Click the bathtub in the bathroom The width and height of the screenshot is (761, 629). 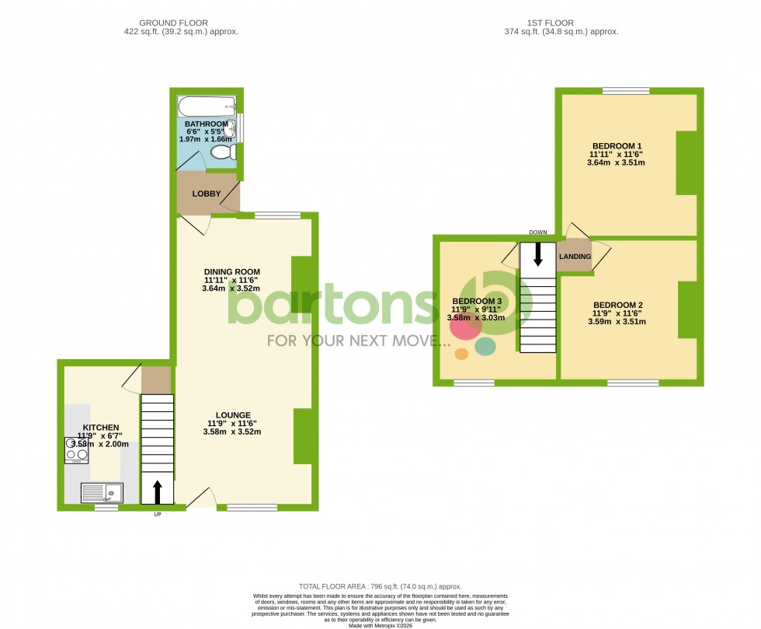point(207,106)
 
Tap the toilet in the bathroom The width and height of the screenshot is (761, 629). point(222,152)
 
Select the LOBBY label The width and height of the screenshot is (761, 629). point(207,194)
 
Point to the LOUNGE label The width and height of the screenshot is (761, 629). point(234,415)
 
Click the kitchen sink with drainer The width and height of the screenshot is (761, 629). point(102,491)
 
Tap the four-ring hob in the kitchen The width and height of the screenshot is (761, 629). point(77,450)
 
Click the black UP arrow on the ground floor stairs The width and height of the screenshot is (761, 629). point(158,491)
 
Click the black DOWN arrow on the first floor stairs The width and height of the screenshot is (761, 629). point(537,253)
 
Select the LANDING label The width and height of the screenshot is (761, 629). point(575,257)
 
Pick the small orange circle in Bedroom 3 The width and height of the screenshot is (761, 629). point(461,355)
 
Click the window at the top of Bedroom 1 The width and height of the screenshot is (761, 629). point(626,91)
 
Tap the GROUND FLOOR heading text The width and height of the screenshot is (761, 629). point(180,23)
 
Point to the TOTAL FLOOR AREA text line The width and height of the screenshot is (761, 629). point(380,585)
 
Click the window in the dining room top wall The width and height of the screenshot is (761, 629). point(277,215)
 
